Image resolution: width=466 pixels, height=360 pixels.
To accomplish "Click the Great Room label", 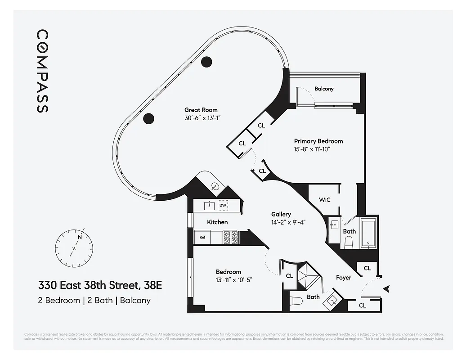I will (x=201, y=110).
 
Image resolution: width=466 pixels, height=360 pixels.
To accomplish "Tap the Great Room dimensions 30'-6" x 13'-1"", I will (x=201, y=118).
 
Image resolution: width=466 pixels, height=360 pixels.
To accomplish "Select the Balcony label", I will (x=324, y=89).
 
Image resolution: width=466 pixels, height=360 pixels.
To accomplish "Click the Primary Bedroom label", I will (x=318, y=141).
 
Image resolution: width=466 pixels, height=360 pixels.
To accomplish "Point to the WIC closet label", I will (x=325, y=199).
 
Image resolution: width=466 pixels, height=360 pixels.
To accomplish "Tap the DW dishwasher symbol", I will (x=223, y=206).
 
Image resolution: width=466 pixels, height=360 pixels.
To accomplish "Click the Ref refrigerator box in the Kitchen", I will (x=202, y=237).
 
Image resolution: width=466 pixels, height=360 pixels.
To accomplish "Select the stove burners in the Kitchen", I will (x=230, y=237).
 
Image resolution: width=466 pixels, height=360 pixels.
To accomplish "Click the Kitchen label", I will (x=217, y=222).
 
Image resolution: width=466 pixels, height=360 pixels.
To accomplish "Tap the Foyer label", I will (x=344, y=278).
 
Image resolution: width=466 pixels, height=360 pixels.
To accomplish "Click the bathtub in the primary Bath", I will (x=368, y=233).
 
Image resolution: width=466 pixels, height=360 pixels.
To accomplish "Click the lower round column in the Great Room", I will (x=148, y=118).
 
